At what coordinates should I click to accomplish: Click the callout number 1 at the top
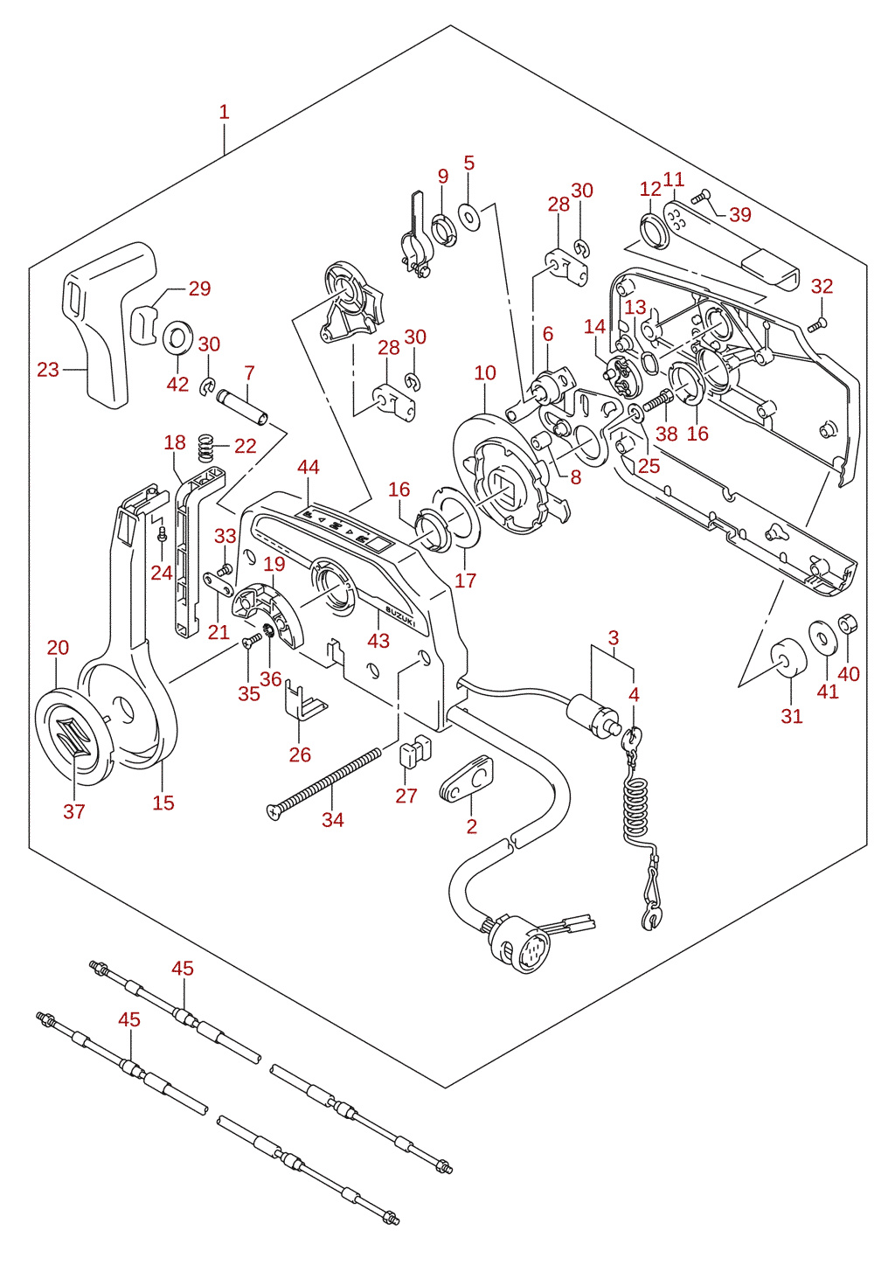tap(225, 112)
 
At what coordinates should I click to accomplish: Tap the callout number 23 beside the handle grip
tap(48, 370)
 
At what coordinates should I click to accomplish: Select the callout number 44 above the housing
tap(309, 467)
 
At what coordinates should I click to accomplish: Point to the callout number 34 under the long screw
tap(333, 820)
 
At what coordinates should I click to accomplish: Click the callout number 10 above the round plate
tap(485, 372)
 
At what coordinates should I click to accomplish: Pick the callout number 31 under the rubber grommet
tap(792, 716)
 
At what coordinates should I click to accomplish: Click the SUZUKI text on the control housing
tap(401, 615)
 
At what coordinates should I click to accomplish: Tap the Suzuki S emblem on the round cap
tap(73, 736)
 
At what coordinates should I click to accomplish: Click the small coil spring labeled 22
tap(207, 448)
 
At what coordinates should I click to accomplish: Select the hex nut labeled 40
tap(847, 625)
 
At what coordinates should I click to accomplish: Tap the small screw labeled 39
tap(703, 197)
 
